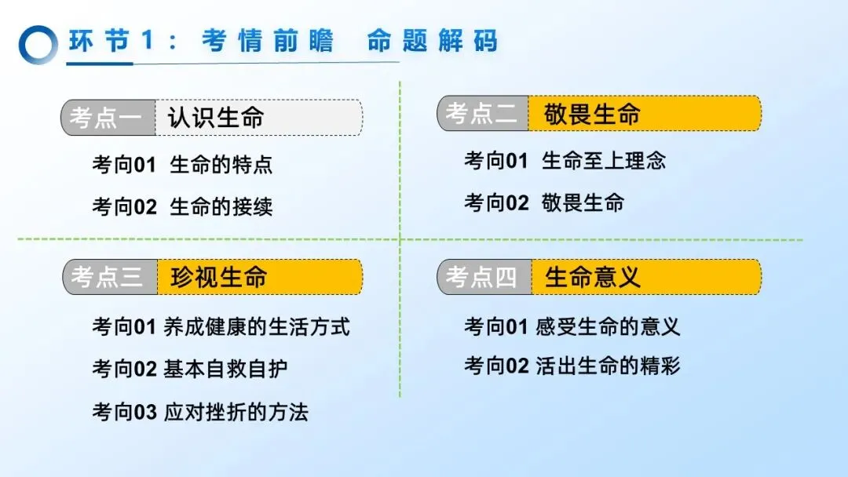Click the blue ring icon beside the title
tap(38, 44)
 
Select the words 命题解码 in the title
tap(432, 41)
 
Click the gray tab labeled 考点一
tap(107, 118)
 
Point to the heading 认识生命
tap(216, 118)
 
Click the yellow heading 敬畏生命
tap(593, 114)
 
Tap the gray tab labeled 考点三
tap(108, 277)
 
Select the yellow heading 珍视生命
tap(219, 277)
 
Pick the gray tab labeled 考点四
tap(483, 277)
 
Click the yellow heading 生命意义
tap(593, 277)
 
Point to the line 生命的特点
tap(221, 165)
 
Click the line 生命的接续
tap(221, 207)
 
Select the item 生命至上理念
tap(603, 161)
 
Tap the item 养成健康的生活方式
tap(257, 326)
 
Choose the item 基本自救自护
tap(225, 369)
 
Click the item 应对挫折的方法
tap(236, 412)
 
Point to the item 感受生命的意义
tap(608, 326)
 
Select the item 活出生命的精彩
tap(608, 366)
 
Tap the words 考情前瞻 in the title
tap(268, 41)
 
